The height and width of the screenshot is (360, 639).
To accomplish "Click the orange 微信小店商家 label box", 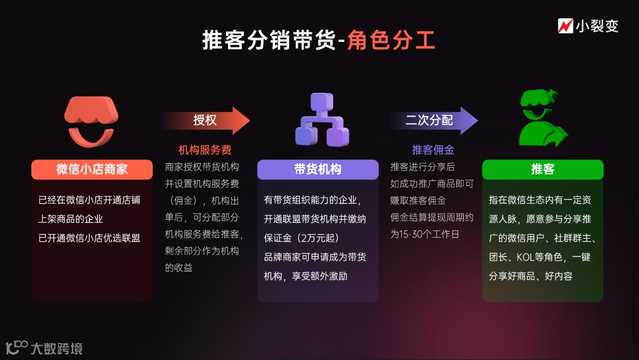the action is tap(92, 169).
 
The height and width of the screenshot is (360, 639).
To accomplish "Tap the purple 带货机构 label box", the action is tap(318, 169).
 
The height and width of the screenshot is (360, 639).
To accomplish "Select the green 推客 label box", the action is tap(543, 169).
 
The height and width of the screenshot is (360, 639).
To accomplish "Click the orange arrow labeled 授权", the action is tap(205, 120).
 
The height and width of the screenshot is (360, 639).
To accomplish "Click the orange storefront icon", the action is tap(92, 121).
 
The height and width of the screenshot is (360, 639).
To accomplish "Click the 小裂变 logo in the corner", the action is tap(588, 26).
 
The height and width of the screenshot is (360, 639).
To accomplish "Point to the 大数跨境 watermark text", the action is tap(57, 348).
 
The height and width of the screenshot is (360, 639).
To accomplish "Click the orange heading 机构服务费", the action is tap(205, 150).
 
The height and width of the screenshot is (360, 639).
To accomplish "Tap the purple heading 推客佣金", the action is tap(433, 150).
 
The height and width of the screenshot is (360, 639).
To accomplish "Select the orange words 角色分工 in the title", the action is tap(391, 41).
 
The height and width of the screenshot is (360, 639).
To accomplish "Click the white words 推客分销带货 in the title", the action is tap(269, 41).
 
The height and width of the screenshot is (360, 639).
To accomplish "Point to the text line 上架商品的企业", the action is tap(70, 219).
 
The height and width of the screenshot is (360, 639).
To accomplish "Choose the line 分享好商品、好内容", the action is tap(531, 276).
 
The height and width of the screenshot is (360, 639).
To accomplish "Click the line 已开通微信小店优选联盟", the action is tap(89, 238).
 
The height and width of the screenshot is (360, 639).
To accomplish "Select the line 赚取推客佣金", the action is tap(418, 201).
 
